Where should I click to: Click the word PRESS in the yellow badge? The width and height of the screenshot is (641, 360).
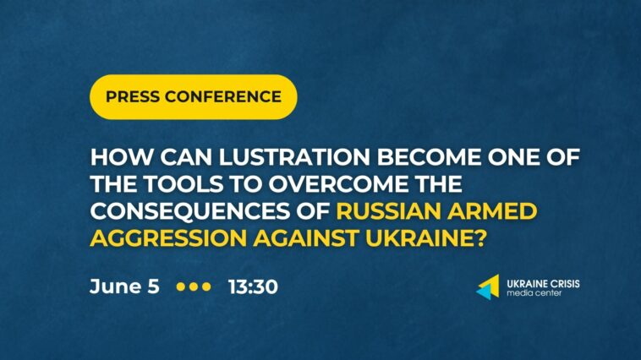pos(133,97)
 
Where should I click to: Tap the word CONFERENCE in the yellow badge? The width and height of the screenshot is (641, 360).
pos(223,97)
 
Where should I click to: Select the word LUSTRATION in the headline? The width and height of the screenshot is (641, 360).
pos(294,157)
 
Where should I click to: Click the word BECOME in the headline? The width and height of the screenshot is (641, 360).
pos(429,157)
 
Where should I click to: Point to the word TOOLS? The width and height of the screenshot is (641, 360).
pos(184,184)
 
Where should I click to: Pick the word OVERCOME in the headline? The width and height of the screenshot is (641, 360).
pos(338,184)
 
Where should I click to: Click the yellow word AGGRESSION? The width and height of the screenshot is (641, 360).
pos(168,238)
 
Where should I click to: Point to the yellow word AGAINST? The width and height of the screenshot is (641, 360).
pos(306,238)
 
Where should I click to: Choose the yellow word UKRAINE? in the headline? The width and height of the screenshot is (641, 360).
pos(425,238)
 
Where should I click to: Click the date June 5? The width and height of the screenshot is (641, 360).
pos(124,286)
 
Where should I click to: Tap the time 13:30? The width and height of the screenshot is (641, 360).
pos(253,286)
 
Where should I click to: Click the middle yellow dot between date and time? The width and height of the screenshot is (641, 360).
pos(194,286)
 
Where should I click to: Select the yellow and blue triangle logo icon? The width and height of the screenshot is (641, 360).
pos(488,286)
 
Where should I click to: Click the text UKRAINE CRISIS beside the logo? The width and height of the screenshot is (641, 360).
pos(543,284)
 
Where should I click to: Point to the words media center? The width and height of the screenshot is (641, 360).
pos(534,293)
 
